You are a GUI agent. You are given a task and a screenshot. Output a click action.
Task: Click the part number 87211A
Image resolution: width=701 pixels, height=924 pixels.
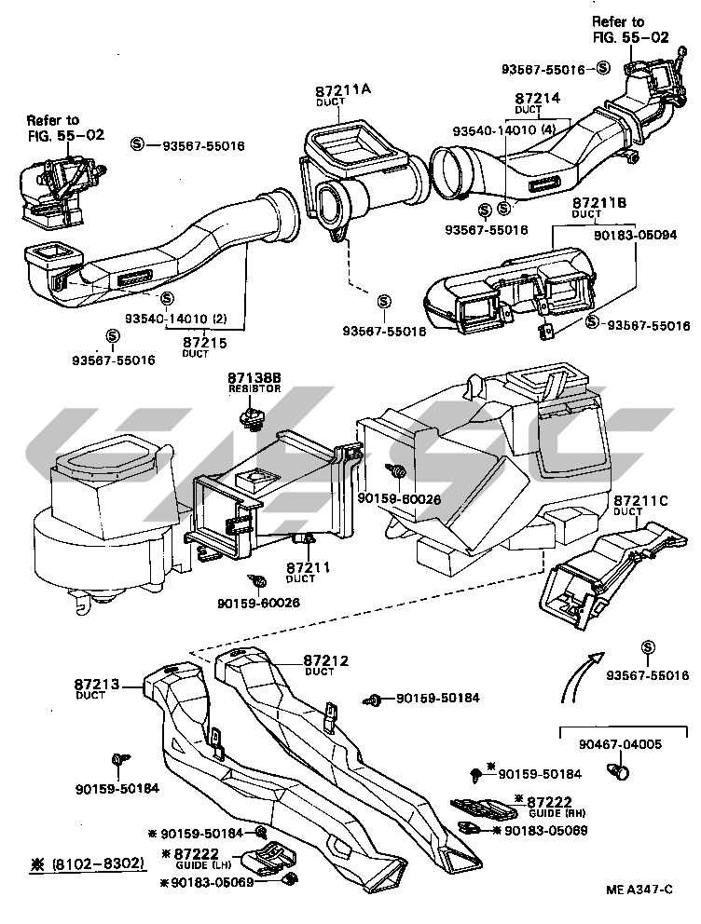pos(343,89)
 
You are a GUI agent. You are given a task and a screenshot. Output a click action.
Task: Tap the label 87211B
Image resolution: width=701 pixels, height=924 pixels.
pos(598,203)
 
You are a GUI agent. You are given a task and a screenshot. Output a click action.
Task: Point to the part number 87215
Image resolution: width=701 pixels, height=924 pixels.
pos(203,343)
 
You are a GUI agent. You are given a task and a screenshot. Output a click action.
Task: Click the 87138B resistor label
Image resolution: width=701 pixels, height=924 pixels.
pos(254,378)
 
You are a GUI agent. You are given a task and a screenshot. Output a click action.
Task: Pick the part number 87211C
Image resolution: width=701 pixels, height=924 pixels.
pos(642,500)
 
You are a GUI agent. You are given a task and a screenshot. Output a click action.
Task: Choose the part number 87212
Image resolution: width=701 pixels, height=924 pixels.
pos(326,660)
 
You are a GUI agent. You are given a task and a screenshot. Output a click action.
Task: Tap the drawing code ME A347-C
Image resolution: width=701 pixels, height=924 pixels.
pos(639,890)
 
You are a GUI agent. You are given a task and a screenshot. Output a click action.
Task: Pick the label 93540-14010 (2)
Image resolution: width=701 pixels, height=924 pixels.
pos(199,317)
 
